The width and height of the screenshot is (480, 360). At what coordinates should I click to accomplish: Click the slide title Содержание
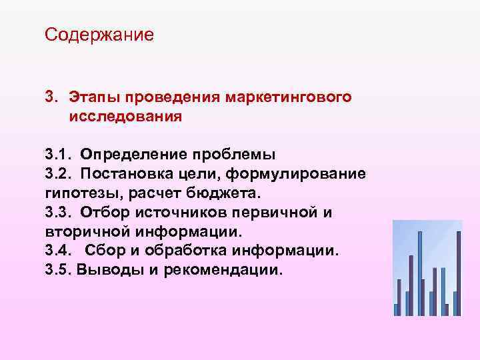(99, 34)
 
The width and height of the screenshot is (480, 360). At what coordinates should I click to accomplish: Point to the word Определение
(133, 155)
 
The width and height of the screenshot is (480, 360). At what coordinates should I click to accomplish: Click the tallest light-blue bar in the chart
(419, 273)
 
